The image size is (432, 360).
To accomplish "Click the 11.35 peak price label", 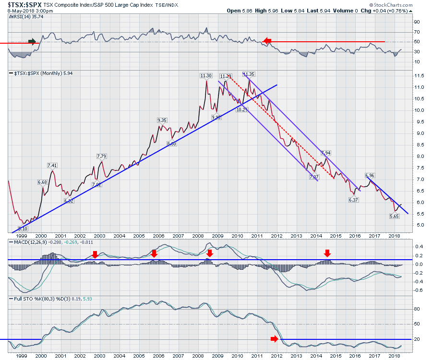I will (249, 74).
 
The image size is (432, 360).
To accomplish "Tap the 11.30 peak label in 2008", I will (205, 75).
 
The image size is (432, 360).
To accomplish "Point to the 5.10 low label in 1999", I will (22, 228).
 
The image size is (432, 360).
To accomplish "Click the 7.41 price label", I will (52, 166).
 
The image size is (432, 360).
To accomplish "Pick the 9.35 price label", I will (162, 120).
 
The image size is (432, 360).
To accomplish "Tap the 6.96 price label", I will (370, 176).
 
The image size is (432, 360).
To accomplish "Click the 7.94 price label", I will (325, 153).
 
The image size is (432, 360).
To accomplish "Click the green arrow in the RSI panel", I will (32, 41).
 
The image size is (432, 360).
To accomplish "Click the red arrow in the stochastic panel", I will (274, 339).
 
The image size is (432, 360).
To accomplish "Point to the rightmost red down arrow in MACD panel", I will (327, 253).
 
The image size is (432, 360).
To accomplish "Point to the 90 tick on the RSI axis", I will (417, 22).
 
